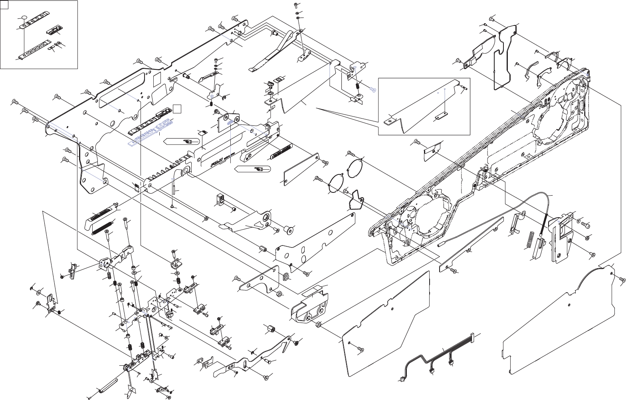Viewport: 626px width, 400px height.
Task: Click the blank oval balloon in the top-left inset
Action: tap(24, 18)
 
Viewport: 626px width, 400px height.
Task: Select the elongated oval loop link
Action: tap(107, 384)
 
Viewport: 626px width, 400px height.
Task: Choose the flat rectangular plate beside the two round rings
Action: tap(300, 170)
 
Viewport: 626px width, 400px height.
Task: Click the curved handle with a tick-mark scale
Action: tap(102, 218)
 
